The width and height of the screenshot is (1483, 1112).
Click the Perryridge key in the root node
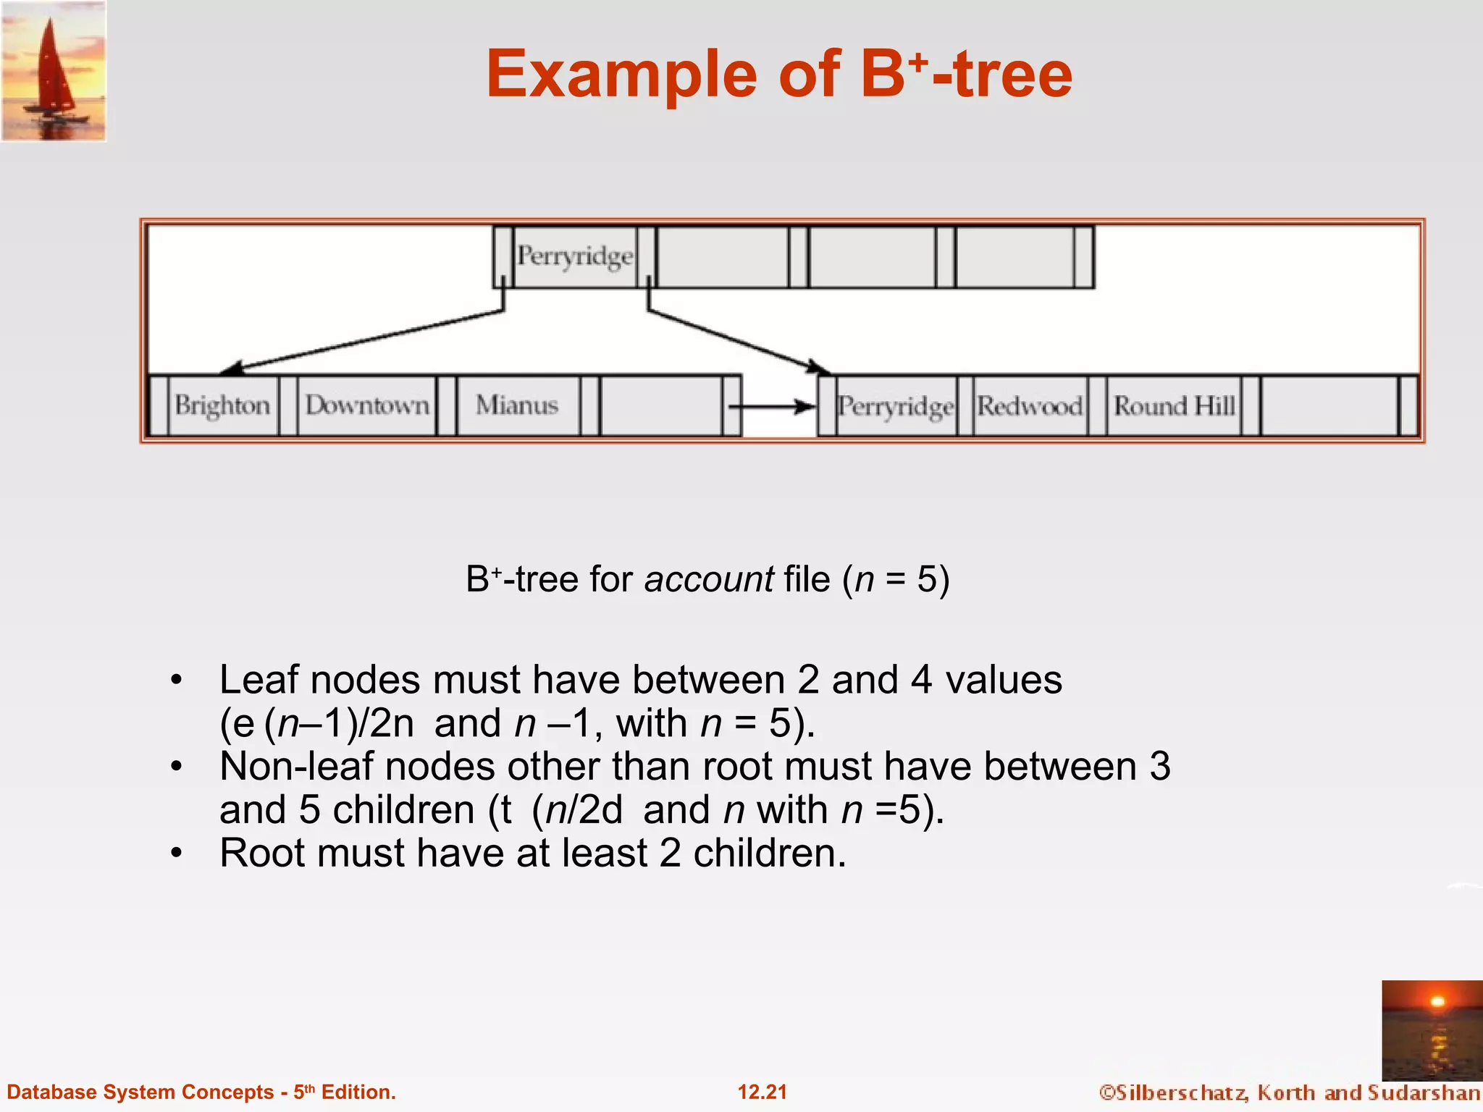click(575, 256)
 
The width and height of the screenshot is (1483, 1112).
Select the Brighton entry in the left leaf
click(222, 405)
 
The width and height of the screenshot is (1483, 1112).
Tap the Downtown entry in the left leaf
click(367, 405)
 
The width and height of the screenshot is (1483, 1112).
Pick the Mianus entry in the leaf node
click(517, 405)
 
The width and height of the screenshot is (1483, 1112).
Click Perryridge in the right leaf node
click(896, 406)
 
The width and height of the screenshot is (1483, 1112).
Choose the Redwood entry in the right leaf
click(1030, 406)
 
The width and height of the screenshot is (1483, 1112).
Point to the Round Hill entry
click(1174, 406)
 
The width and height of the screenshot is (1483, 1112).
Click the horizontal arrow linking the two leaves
click(772, 407)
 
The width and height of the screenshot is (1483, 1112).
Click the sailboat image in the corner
click(54, 71)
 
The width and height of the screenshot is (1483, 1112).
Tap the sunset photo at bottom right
click(1432, 1029)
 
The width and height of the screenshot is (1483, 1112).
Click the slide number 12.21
click(762, 1092)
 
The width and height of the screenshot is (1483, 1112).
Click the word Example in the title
click(621, 74)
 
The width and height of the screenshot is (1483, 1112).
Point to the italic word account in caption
click(709, 579)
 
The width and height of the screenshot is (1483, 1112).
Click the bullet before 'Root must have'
click(177, 854)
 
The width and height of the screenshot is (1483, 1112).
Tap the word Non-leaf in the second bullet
click(295, 767)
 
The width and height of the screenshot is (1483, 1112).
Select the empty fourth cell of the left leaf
click(660, 405)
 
